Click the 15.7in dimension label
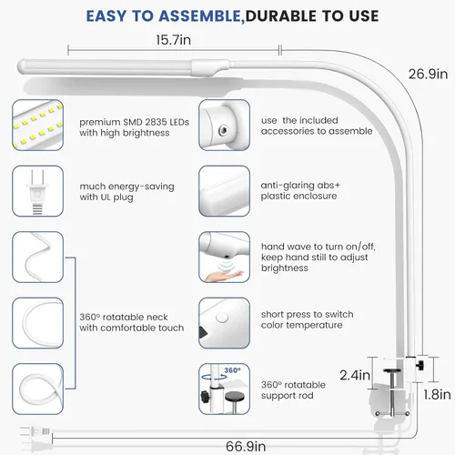pos(174,40)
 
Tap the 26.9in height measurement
pos(428,74)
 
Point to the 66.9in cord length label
pos(246,446)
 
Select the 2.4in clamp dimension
pos(355,375)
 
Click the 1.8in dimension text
pos(437,395)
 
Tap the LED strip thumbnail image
pos(38,125)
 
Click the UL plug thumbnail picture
pos(38,191)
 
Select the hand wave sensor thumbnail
pos(225,257)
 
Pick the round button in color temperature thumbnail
pos(222,318)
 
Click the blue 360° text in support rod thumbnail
pos(232,370)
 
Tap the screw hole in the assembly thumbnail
pos(224,130)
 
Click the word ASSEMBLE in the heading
pos(200,16)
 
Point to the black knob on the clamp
pos(420,365)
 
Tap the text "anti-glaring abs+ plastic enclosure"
pos(300,190)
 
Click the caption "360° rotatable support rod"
pos(293,390)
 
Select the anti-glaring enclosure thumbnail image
pos(225,191)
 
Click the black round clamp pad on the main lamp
pos(391,370)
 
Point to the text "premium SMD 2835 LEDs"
pos(134,122)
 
